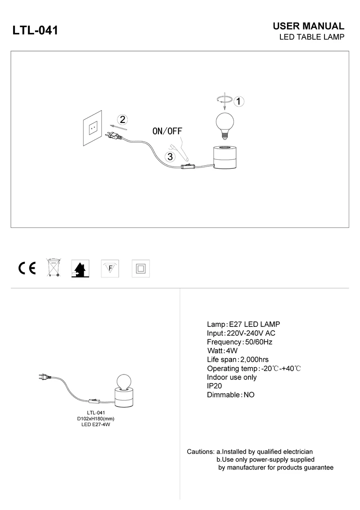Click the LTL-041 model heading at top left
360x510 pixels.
click(36, 30)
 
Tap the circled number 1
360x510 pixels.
click(240, 101)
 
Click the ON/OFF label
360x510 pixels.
click(167, 131)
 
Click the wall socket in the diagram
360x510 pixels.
click(93, 129)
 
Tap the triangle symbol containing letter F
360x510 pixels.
click(109, 268)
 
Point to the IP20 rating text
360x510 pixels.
click(214, 386)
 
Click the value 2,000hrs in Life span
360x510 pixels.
click(255, 359)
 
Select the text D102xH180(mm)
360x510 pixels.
click(96, 419)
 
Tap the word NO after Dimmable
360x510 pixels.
click(249, 395)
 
